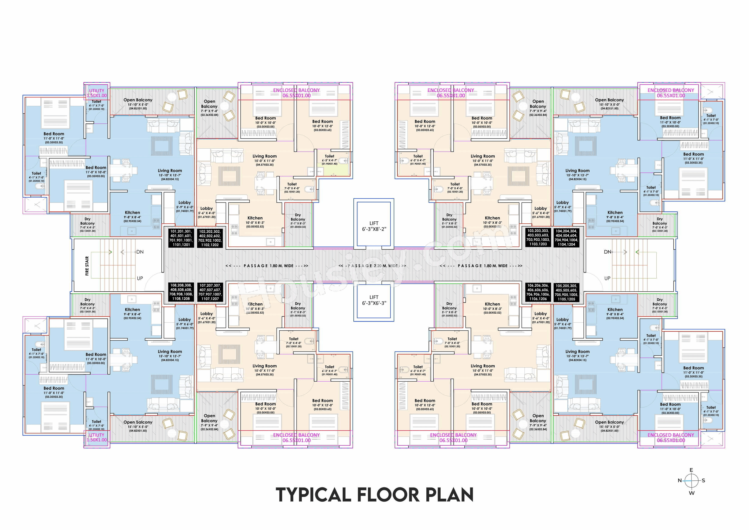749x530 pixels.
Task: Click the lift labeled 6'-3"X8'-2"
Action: pos(374,226)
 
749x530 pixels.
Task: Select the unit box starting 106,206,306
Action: pos(538,292)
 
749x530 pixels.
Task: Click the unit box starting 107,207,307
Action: pos(210,292)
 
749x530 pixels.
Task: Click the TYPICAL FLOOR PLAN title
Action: pos(374,495)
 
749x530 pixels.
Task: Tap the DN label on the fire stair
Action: pos(140,252)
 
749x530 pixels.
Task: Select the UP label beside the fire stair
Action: pos(140,278)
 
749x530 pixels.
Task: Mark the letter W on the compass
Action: pos(691,493)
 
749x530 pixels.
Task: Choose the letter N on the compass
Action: pos(680,481)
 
